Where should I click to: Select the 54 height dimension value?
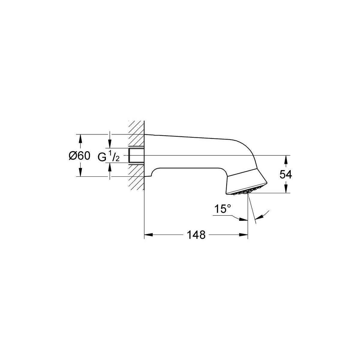286,175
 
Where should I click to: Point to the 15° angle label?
223,208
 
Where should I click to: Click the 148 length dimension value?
196,235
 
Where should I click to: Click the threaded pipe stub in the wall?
136,156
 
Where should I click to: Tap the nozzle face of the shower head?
247,192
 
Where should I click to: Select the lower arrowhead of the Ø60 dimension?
80,172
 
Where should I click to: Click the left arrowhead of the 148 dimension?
148,235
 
